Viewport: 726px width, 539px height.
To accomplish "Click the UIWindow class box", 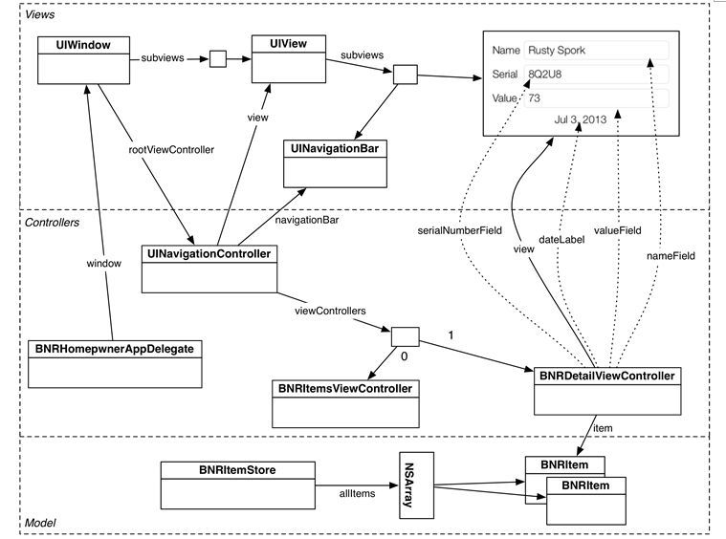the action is (x=83, y=60).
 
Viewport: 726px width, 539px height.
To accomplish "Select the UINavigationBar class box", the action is (x=335, y=163).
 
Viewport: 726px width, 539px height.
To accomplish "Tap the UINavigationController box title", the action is (x=209, y=253).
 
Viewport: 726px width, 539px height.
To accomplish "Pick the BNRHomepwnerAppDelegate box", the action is (x=115, y=364).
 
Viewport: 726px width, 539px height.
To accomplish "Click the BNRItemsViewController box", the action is (x=345, y=404).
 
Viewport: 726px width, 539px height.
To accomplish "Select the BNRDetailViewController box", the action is (x=607, y=391).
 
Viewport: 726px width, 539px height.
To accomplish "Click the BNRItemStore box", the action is (x=238, y=485).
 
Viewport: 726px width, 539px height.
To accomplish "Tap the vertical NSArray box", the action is (x=417, y=485).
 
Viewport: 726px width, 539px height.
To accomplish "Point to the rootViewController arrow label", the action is (x=171, y=150).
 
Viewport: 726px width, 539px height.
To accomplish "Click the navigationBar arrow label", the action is (x=307, y=220).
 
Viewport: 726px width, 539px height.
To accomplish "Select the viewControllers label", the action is (x=330, y=311).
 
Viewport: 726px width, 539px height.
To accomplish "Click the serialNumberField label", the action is (x=460, y=230).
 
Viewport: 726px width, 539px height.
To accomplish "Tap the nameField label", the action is (x=671, y=256).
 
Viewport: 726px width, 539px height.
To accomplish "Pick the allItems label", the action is (x=357, y=494).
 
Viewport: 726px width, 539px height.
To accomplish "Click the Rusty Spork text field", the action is (x=596, y=50).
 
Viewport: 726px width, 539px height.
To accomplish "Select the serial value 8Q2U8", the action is (x=545, y=74).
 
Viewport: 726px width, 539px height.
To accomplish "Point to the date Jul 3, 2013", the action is (x=581, y=119).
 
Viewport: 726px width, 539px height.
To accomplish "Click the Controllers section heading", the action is (x=52, y=223).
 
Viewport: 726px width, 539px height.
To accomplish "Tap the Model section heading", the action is (x=40, y=523).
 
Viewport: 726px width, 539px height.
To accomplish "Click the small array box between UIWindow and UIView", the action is (x=218, y=58).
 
